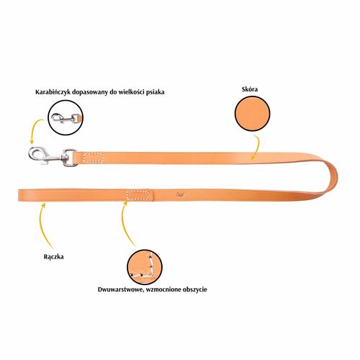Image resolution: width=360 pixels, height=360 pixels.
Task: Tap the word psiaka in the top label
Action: (x=156, y=92)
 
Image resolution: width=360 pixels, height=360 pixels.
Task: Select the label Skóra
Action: (x=250, y=89)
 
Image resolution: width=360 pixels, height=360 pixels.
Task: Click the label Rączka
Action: (x=54, y=257)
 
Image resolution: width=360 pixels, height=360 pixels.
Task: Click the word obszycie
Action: (x=195, y=289)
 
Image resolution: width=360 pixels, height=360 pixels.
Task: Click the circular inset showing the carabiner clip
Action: (x=66, y=118)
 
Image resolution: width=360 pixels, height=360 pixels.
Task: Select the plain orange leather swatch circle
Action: (x=252, y=113)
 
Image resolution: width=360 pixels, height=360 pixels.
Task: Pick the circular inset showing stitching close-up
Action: (x=145, y=267)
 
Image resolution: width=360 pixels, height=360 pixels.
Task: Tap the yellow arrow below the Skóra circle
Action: (x=257, y=147)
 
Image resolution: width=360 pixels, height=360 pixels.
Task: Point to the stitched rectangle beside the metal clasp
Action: (x=94, y=157)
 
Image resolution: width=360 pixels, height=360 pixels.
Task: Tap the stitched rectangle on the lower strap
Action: (x=138, y=195)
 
